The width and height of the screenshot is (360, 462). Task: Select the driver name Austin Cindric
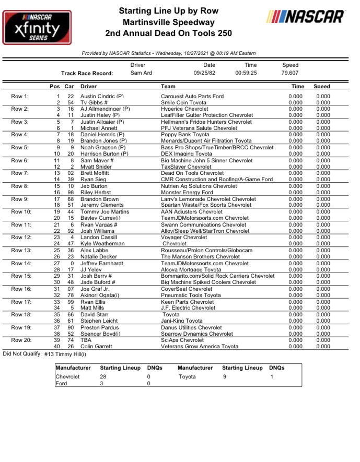pyautogui.click(x=102, y=97)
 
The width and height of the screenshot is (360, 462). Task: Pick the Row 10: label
pyautogui.click(x=21, y=212)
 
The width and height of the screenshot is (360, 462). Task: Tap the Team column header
pyautogui.click(x=168, y=86)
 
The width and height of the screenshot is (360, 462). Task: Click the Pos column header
pyautogui.click(x=54, y=86)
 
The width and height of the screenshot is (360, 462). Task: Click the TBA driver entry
pyautogui.click(x=86, y=340)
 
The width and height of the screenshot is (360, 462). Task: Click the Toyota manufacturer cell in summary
pyautogui.click(x=187, y=376)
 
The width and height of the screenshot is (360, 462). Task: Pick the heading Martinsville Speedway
pyautogui.click(x=168, y=22)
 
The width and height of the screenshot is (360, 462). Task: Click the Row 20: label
pyautogui.click(x=21, y=340)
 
